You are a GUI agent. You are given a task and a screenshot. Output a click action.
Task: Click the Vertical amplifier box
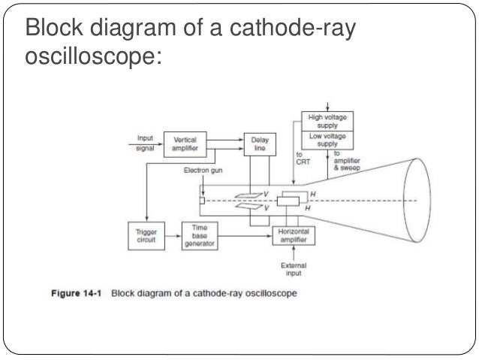[x=185, y=144]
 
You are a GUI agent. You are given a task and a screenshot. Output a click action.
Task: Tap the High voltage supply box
[x=328, y=121]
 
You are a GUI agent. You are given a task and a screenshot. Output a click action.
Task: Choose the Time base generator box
[x=198, y=234]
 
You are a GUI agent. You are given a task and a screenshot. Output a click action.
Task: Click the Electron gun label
[x=202, y=170]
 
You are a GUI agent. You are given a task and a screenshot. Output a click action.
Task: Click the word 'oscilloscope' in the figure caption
[x=268, y=294]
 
